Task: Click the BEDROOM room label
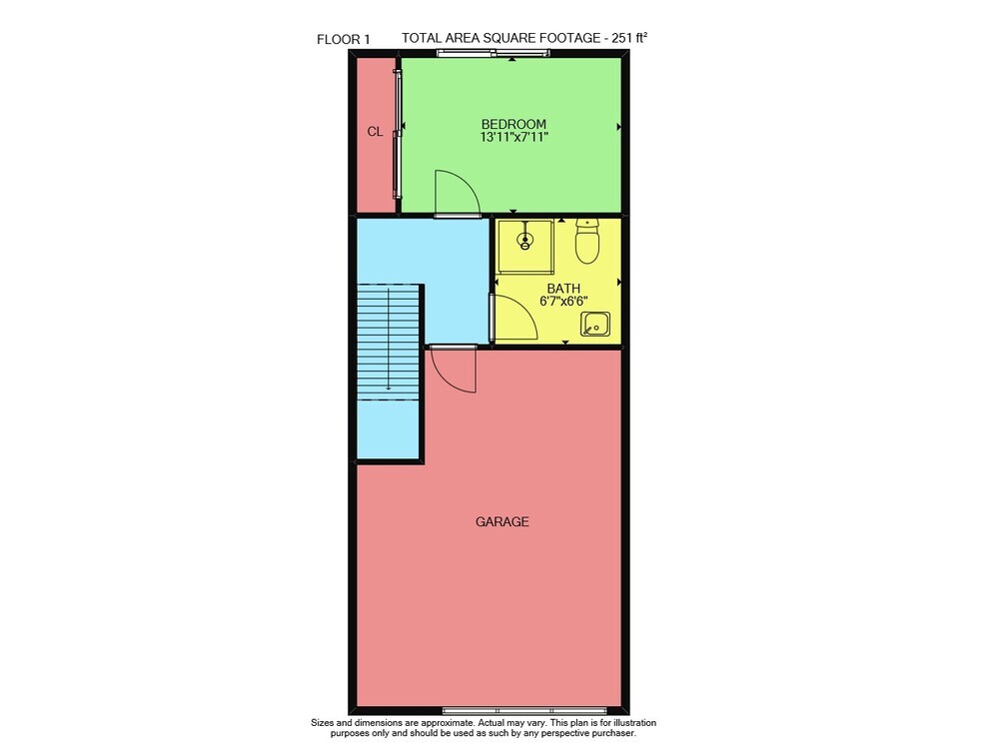click(513, 124)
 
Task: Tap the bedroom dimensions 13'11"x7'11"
click(514, 137)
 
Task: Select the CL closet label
click(376, 132)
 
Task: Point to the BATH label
click(563, 289)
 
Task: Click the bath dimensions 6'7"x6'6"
click(563, 302)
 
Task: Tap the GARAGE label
click(502, 522)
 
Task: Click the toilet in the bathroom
click(586, 242)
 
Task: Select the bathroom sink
click(595, 324)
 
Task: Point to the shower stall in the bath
click(525, 247)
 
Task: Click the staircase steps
click(388, 343)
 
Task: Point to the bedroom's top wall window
click(485, 54)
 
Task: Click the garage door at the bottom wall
click(524, 710)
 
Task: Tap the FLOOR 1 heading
click(344, 40)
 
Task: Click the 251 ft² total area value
click(629, 38)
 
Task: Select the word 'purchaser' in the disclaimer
click(612, 733)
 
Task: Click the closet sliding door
click(399, 134)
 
